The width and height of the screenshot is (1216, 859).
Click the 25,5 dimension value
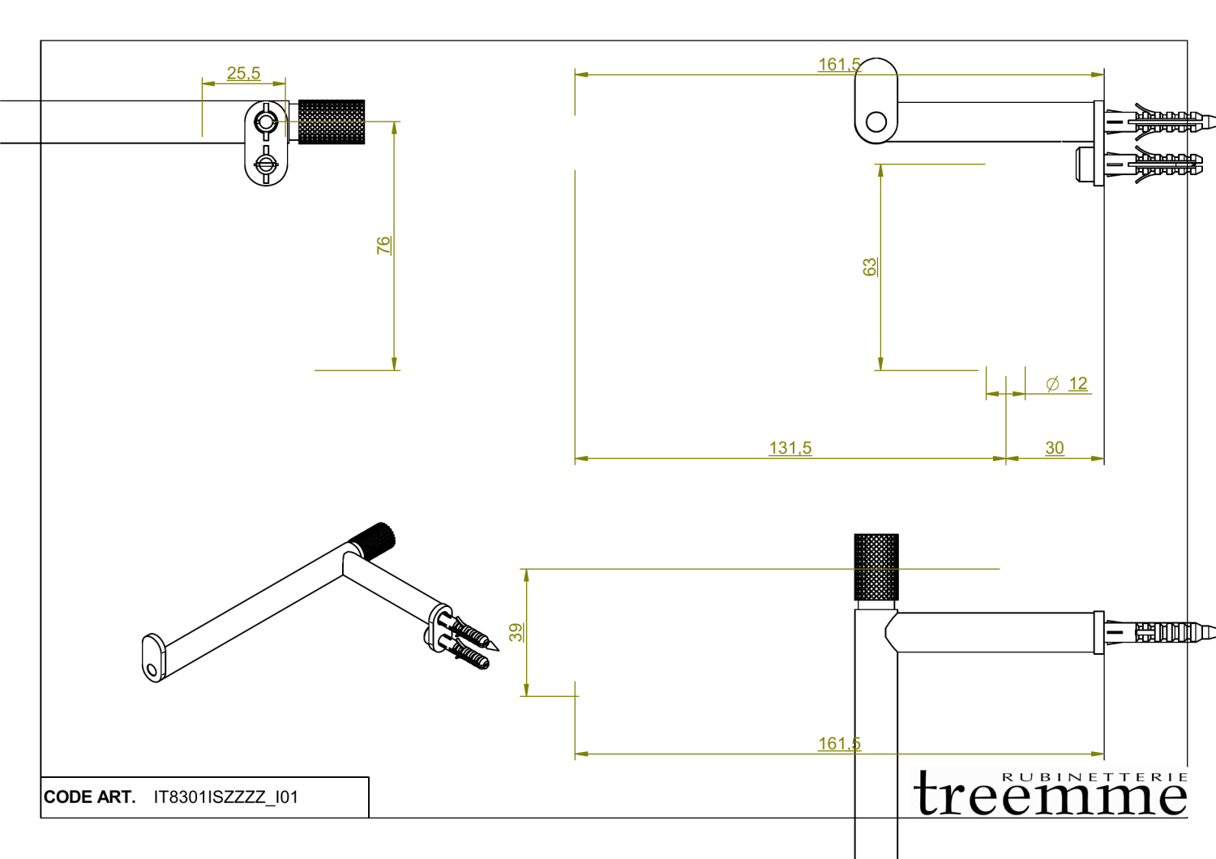[243, 74]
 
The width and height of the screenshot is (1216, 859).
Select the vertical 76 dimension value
[383, 245]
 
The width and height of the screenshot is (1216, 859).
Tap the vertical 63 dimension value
[870, 267]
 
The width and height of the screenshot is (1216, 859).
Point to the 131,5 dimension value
[790, 448]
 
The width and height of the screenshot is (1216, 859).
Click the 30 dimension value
[1054, 448]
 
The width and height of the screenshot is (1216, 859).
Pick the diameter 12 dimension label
[1068, 384]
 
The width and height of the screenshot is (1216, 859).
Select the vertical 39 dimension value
[516, 632]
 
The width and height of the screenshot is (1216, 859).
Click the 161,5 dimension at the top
[839, 65]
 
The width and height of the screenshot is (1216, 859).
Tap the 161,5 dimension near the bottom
[839, 744]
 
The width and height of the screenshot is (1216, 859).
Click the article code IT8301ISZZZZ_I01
[226, 797]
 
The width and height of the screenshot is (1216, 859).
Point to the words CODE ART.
[89, 797]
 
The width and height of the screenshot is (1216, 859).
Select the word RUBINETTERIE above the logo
[1095, 776]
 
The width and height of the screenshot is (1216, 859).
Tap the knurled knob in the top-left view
[332, 122]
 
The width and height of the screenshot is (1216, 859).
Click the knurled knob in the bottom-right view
[876, 566]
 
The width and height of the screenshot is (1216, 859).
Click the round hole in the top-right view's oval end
[876, 122]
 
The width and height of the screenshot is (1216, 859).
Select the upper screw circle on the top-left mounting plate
[266, 122]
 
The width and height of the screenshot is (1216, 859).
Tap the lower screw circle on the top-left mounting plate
[266, 164]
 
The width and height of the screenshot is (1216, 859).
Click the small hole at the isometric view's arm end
[152, 669]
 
